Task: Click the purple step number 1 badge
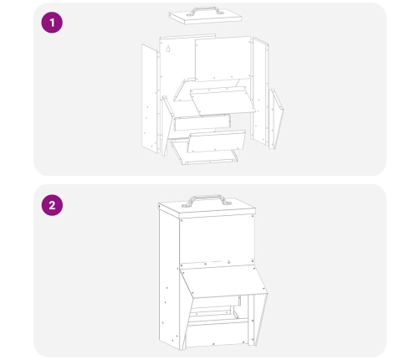point(52,23)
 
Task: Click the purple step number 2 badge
point(52,205)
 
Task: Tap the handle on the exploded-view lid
point(203,10)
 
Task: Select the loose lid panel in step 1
point(205,18)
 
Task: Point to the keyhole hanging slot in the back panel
point(168,49)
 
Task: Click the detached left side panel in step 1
point(150,98)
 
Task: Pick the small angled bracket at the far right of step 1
point(276,119)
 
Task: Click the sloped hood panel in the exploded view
point(223,101)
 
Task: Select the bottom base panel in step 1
point(204,152)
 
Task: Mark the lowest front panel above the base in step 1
point(216,141)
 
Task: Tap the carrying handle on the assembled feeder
point(207,199)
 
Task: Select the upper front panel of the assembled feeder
point(217,240)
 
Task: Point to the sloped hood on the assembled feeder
point(223,281)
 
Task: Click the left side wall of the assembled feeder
point(169,279)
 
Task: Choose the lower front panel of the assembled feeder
point(218,334)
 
